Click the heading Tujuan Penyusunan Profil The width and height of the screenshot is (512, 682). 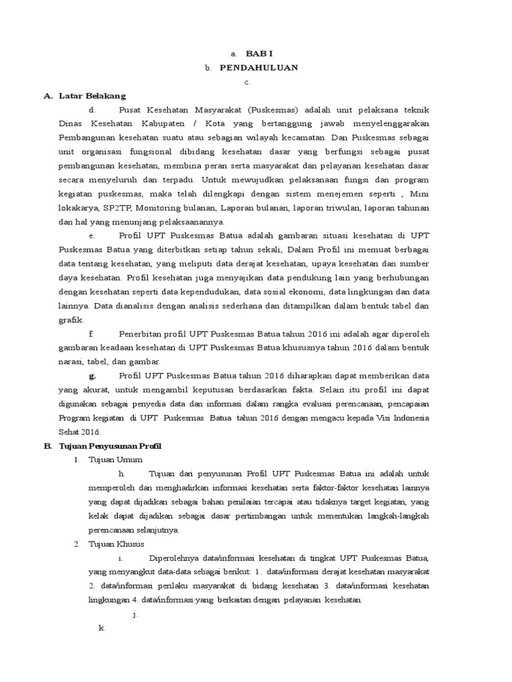pos(110,446)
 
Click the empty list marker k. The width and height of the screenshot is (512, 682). pos(101,628)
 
